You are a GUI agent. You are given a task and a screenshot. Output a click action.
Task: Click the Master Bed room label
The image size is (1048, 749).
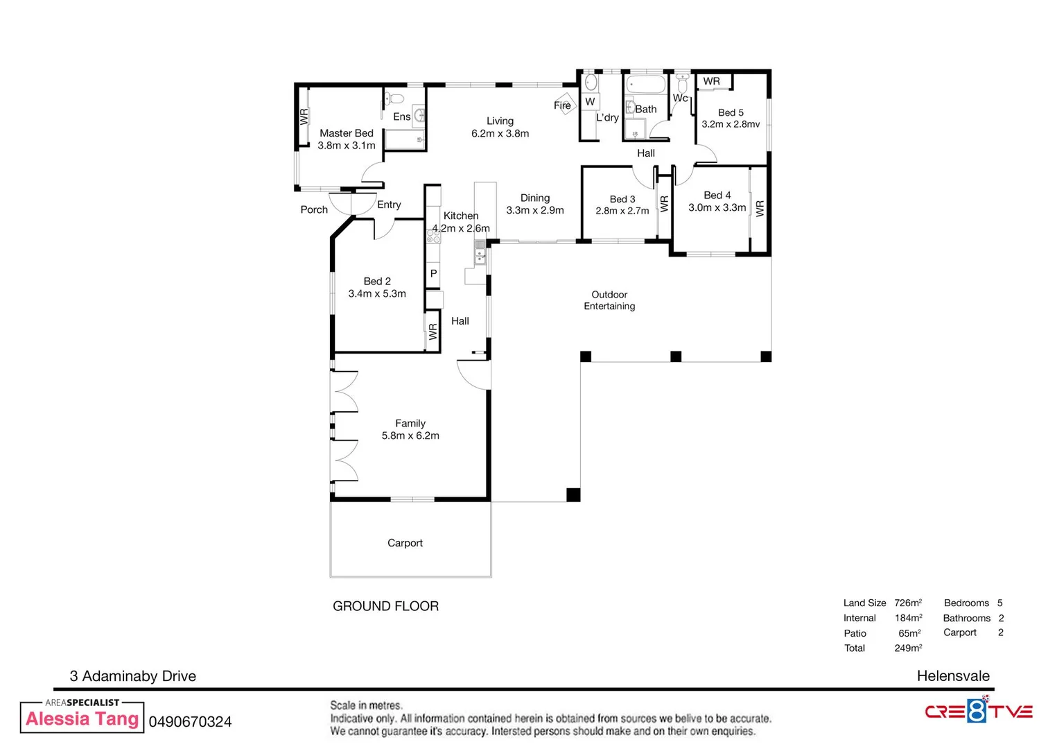coord(347,133)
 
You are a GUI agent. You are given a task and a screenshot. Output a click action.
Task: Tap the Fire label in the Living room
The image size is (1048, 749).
coord(562,105)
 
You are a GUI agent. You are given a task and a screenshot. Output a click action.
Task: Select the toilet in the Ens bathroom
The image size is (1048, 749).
coord(394,98)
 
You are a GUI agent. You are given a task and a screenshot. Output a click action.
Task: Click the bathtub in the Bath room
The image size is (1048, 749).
coord(646,85)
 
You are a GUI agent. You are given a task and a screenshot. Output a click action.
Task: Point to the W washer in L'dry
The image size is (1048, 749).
coord(590,101)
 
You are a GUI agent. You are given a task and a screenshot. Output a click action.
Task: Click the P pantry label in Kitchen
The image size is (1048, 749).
coord(434,273)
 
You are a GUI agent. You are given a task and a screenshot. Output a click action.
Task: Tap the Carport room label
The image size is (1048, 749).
coord(405,542)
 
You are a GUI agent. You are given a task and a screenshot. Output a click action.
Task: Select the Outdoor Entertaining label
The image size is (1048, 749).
coord(609,300)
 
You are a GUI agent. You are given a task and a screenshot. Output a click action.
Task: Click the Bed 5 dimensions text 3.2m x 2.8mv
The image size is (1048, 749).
coord(731,124)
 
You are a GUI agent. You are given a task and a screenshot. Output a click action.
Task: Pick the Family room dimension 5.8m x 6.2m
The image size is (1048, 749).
coord(410,436)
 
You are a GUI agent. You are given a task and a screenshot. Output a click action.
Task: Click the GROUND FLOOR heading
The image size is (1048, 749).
coord(385,606)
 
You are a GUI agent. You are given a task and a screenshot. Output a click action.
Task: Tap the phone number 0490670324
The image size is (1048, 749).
coord(190,721)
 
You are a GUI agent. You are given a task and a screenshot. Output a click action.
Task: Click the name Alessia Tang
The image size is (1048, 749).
coord(82,718)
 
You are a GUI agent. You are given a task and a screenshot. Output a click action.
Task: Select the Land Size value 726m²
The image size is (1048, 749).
coord(908,603)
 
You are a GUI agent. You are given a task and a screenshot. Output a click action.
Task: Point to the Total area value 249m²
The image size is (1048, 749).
coord(908,648)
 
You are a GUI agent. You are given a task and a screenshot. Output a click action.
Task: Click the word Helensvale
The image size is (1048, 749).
coord(953,675)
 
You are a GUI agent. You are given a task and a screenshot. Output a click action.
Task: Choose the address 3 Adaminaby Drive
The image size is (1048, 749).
coord(133,676)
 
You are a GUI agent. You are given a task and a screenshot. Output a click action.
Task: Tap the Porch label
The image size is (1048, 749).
coord(314,209)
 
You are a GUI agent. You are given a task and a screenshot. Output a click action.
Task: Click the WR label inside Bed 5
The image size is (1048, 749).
coord(711,81)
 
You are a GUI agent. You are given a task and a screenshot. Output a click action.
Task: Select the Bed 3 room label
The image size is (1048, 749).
coord(622,199)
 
